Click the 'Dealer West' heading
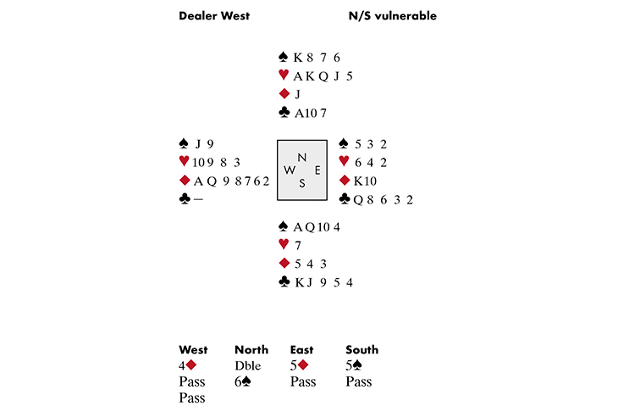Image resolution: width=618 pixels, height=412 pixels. point(213,16)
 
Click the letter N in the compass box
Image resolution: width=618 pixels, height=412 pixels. point(301,157)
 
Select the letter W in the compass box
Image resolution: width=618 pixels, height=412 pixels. point(289,170)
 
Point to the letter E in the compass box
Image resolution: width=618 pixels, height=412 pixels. point(317,170)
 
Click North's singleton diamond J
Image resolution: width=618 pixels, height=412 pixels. point(299,94)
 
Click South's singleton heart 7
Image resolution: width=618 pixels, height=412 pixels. point(297,245)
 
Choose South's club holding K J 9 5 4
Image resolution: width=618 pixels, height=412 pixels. point(323,282)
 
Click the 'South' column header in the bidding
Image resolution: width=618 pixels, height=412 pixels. point(362,349)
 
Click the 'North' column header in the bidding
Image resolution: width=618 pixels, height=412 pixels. point(251,349)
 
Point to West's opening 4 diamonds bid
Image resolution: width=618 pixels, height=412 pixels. point(188,365)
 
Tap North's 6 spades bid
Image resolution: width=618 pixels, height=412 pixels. point(243,381)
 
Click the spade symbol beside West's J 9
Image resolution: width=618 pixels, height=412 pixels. point(184,143)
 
